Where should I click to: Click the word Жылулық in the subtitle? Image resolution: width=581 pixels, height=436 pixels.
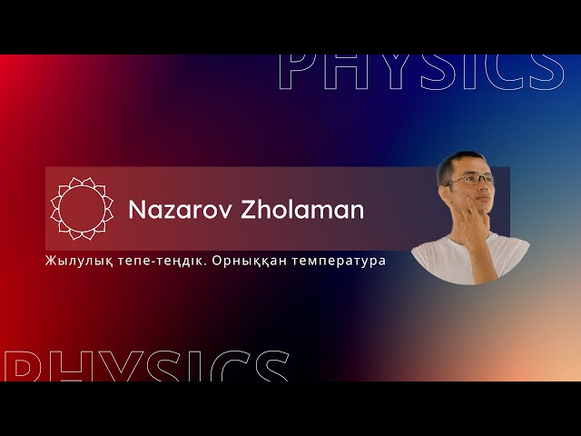[x=74, y=261]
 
